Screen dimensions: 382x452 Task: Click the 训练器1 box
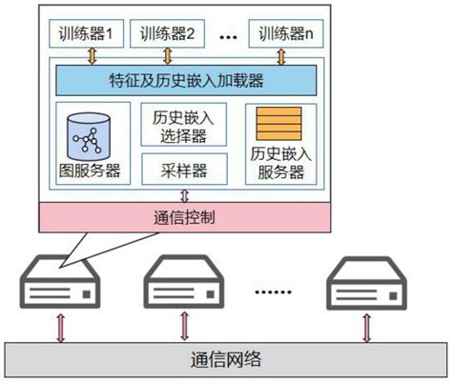tap(87, 36)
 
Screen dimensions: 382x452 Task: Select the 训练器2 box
tap(167, 36)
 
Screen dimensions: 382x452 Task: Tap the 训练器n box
tap(286, 36)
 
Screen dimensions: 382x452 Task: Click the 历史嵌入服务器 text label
tap(280, 163)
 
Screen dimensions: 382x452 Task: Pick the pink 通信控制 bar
tap(184, 216)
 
